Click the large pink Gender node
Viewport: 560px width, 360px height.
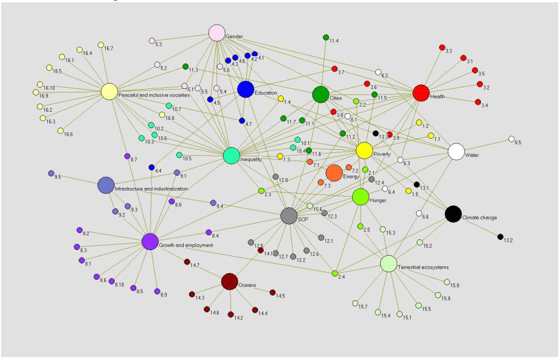coord(217,33)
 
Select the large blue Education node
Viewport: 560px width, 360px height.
coord(246,89)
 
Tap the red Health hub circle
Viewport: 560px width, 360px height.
coord(421,93)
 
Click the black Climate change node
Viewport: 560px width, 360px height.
coord(453,214)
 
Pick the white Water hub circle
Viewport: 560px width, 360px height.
coord(456,152)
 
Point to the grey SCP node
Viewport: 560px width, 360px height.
coord(289,216)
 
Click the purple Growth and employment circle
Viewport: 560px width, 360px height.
coord(150,241)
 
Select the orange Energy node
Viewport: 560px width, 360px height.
coord(334,173)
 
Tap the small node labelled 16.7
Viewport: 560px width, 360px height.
coord(101,45)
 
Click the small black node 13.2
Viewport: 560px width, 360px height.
coord(500,237)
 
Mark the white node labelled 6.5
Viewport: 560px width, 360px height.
coord(511,139)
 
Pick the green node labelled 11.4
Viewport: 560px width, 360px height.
coord(326,37)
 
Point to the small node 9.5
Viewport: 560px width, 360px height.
coord(51,173)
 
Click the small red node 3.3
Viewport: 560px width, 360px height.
coord(442,48)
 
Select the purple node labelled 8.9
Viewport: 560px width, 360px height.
coord(157,291)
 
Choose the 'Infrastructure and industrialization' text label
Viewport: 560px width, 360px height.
coord(151,189)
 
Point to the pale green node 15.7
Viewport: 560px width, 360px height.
coord(355,303)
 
